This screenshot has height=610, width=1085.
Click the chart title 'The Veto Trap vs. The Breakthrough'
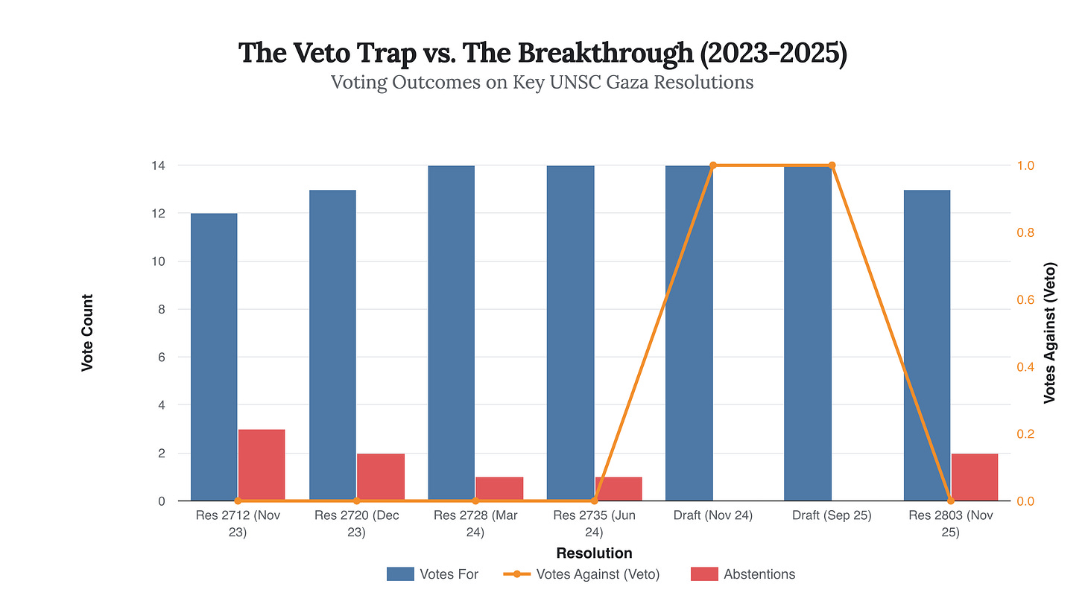542,54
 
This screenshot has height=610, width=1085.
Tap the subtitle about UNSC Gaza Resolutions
542,82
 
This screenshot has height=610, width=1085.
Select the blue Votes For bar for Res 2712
214,358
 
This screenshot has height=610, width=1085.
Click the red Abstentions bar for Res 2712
262,465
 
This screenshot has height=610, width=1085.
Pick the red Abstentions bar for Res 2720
380,477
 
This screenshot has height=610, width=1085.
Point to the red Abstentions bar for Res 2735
618,489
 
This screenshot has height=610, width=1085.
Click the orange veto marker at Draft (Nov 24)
713,165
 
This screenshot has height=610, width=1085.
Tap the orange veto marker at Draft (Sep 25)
832,165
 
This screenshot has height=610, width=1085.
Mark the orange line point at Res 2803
951,501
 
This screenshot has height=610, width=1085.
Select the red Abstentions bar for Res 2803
975,477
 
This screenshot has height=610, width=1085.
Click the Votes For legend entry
432,574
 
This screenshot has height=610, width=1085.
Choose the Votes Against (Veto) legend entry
581,574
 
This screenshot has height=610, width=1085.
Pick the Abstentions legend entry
743,574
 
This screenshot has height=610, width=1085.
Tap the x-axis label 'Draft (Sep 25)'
832,515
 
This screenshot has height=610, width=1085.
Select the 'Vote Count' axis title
87,333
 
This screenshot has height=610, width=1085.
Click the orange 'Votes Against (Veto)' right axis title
1050,333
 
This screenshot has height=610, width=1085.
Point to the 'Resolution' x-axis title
594,553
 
